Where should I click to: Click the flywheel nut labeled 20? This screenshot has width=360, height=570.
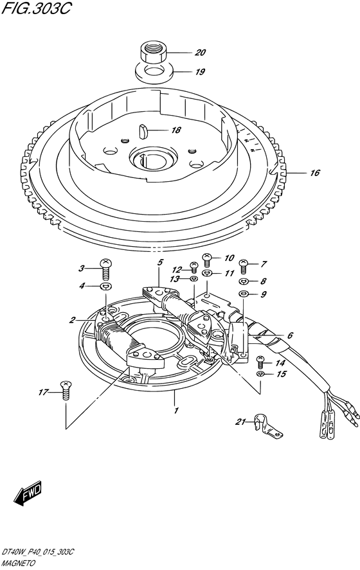click(x=153, y=53)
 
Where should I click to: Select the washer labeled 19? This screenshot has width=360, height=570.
click(x=154, y=73)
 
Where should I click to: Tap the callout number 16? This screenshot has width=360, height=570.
click(x=314, y=173)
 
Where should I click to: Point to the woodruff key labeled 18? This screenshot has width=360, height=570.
click(x=143, y=131)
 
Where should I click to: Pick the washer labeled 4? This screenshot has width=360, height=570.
click(x=105, y=287)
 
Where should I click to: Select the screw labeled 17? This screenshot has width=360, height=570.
click(x=66, y=390)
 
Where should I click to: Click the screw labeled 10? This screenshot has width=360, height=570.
click(x=206, y=259)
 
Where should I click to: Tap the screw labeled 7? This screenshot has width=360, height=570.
click(x=244, y=267)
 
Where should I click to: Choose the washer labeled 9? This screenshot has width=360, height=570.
click(x=243, y=294)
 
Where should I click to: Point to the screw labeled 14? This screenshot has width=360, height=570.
click(x=260, y=362)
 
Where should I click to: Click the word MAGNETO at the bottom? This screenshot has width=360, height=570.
click(x=18, y=564)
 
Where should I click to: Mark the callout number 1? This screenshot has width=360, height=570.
click(x=176, y=411)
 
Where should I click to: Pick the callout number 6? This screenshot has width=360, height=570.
click(x=290, y=335)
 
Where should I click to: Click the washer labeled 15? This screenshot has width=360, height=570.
click(x=260, y=374)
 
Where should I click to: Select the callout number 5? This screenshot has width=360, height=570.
click(x=160, y=262)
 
